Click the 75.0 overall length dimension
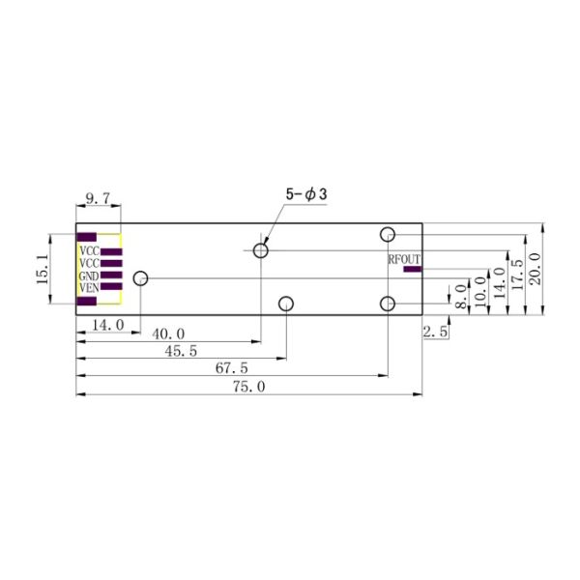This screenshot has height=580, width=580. [248, 386]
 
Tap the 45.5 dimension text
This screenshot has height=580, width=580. [182, 351]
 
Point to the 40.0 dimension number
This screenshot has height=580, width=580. [170, 333]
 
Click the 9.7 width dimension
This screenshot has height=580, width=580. [99, 198]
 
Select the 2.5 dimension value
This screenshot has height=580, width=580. [435, 332]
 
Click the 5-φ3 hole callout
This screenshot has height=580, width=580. [306, 195]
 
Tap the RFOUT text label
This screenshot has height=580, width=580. [404, 259]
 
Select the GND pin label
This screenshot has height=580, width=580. [88, 275]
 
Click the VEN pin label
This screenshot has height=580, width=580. [88, 287]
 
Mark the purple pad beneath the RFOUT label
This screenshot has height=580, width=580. [413, 270]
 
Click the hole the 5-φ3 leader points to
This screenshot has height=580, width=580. [260, 251]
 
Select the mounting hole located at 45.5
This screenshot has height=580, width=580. [286, 304]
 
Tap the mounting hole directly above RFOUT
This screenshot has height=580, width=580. [388, 234]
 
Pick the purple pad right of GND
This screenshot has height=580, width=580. [110, 275]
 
